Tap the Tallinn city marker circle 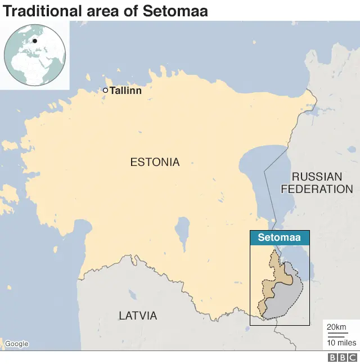point(105,90)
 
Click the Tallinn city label point(125,90)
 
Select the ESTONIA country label point(155,163)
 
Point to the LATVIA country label point(138,316)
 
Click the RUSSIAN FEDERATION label point(317,183)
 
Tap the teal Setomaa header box point(279,237)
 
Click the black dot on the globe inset point(34,41)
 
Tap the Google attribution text point(16,344)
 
